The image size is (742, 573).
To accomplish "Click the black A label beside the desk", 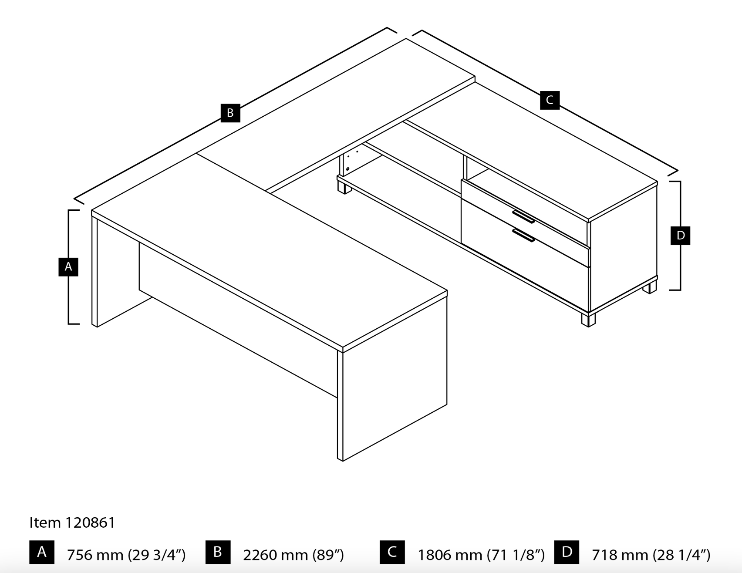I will [68, 267].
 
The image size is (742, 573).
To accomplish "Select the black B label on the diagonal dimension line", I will [230, 113].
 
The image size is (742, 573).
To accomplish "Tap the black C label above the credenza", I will [550, 100].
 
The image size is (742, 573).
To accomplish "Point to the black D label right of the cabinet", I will [680, 236].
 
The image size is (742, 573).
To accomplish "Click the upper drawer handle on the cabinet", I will [523, 216].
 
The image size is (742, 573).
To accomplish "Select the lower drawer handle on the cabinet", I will [523, 235].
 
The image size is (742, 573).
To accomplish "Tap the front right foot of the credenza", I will [588, 320].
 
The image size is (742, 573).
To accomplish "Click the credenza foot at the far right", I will [650, 286].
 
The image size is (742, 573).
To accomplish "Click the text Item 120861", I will [72, 522].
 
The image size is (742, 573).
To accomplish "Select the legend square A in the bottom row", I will [42, 552].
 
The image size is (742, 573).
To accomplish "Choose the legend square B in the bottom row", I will [218, 552].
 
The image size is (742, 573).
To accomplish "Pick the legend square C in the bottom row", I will [392, 552].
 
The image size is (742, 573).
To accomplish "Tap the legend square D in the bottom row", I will [567, 552].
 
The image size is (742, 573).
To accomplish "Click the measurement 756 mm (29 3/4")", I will [126, 555].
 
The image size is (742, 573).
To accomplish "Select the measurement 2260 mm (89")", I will [293, 555].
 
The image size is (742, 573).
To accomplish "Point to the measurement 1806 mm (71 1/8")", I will [481, 555].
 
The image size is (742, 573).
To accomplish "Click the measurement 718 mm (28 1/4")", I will [651, 555].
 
